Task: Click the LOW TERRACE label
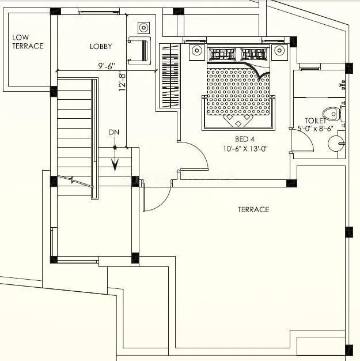[x=28, y=42]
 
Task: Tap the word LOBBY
[x=101, y=46]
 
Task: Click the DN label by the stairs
[x=114, y=132]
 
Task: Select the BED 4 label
[x=244, y=139]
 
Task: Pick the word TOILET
[x=316, y=121]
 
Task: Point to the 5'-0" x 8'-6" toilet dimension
[x=315, y=129]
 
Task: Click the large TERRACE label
[x=253, y=209]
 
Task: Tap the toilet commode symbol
[x=333, y=112]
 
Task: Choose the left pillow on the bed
[x=220, y=55]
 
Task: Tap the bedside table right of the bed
[x=280, y=51]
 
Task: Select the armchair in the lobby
[x=139, y=50]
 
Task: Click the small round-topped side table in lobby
[x=143, y=27]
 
